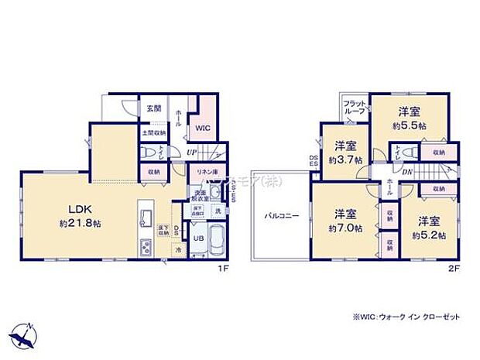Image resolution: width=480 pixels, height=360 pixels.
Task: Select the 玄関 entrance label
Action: [x=150, y=108]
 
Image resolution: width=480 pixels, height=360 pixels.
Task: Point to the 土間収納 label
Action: [x=153, y=133]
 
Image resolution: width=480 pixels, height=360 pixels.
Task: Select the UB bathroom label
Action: [x=197, y=238]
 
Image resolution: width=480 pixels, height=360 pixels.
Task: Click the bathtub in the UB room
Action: [x=218, y=241]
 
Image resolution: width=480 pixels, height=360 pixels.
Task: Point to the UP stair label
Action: [x=190, y=153]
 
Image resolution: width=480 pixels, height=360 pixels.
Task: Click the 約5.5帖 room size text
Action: [x=410, y=125]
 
